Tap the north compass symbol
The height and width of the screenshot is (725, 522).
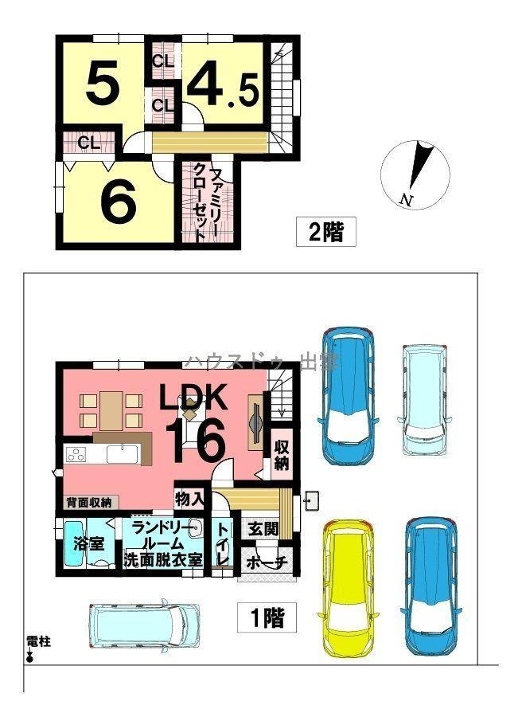click(415, 175)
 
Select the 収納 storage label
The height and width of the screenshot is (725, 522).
click(281, 453)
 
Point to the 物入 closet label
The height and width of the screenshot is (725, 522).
click(189, 500)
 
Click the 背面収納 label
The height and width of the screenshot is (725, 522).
click(88, 503)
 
